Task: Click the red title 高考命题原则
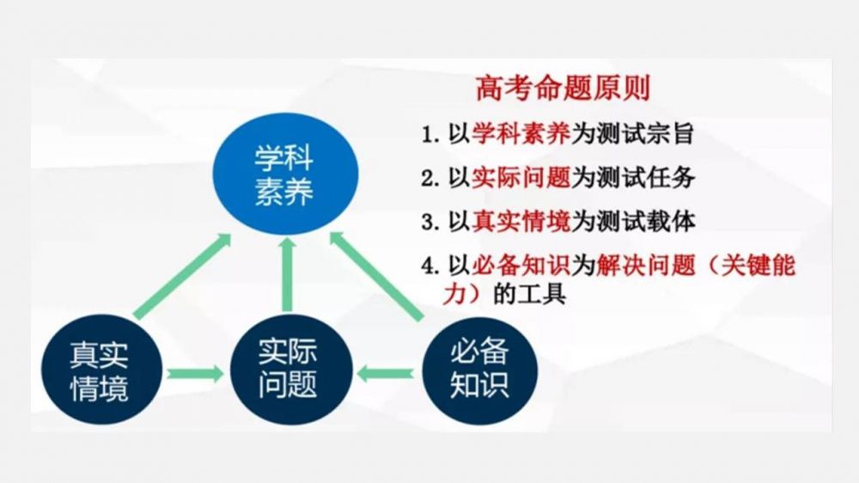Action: pos(564,89)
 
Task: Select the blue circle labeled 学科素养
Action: pos(285,174)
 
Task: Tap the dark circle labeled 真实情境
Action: pos(102,370)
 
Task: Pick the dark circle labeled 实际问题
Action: pos(291,369)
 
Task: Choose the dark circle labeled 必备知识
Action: pos(480,370)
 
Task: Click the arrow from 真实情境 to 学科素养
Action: pos(182,277)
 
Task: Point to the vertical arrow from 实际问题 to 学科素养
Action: pos(287,275)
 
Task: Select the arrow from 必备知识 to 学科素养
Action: pos(377,277)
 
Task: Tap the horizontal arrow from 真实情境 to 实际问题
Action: pos(196,374)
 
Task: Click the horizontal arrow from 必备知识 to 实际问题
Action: pos(386,374)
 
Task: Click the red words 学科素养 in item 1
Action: pos(521,134)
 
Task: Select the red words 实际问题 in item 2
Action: pos(521,178)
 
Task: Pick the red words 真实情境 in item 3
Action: pos(521,222)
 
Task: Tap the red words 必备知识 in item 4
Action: pos(521,266)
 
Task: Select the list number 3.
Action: pos(429,222)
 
